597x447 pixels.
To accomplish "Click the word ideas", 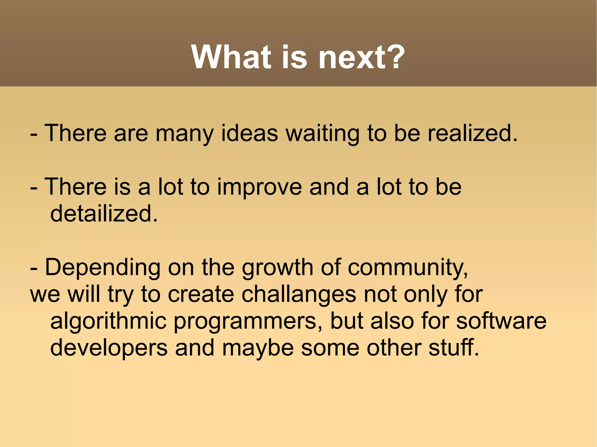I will pos(250,133).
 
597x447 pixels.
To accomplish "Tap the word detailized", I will pos(103,213).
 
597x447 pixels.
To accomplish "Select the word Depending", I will pos(103,268).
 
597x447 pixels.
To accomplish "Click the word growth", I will pos(277,268).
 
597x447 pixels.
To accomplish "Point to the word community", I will pos(408,268).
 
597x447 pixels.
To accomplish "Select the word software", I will pos(501,321).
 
